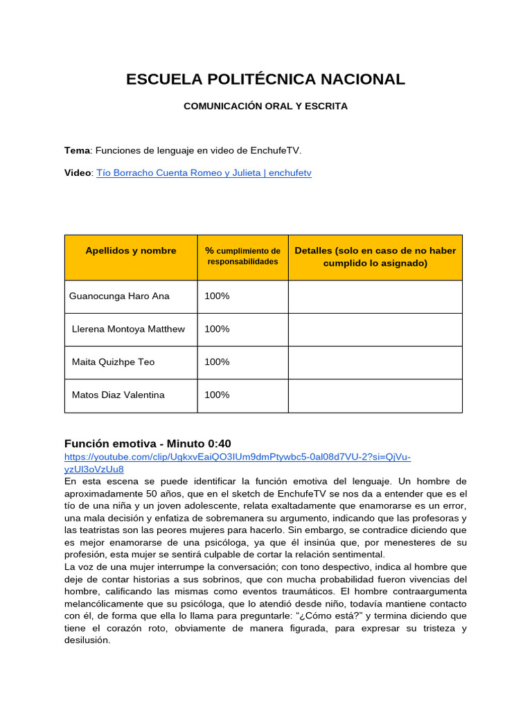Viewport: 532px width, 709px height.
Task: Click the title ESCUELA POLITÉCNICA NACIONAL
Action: pyautogui.click(x=265, y=79)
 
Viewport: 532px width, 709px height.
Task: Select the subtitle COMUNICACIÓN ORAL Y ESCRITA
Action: pyautogui.click(x=265, y=107)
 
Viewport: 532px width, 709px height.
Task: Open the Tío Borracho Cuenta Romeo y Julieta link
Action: pyautogui.click(x=204, y=173)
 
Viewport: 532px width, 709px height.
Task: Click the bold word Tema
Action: pyautogui.click(x=77, y=150)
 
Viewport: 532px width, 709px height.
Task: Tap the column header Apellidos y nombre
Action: pyautogui.click(x=131, y=251)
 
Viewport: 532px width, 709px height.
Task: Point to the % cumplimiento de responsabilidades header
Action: pyautogui.click(x=242, y=256)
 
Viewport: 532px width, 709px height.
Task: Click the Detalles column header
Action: pyautogui.click(x=375, y=257)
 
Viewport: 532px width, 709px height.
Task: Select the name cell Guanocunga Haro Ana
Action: pyautogui.click(x=119, y=296)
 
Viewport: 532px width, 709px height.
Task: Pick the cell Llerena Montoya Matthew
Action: pyautogui.click(x=128, y=330)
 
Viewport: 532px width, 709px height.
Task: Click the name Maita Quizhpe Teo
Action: pyautogui.click(x=113, y=362)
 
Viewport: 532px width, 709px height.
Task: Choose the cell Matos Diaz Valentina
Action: pyautogui.click(x=118, y=395)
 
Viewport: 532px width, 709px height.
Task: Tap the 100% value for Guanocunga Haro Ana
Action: pyautogui.click(x=217, y=296)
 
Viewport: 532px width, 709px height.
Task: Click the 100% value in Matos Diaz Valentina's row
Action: pyautogui.click(x=217, y=395)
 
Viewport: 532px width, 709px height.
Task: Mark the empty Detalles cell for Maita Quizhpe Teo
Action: pyautogui.click(x=375, y=362)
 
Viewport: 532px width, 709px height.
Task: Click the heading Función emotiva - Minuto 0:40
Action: pyautogui.click(x=148, y=443)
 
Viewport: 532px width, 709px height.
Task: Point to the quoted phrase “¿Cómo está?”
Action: pyautogui.click(x=330, y=616)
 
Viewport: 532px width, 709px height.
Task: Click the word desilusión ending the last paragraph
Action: pyautogui.click(x=87, y=640)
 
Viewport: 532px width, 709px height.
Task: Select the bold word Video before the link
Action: pyautogui.click(x=78, y=173)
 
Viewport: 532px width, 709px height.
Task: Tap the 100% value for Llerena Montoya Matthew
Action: pyautogui.click(x=217, y=330)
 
